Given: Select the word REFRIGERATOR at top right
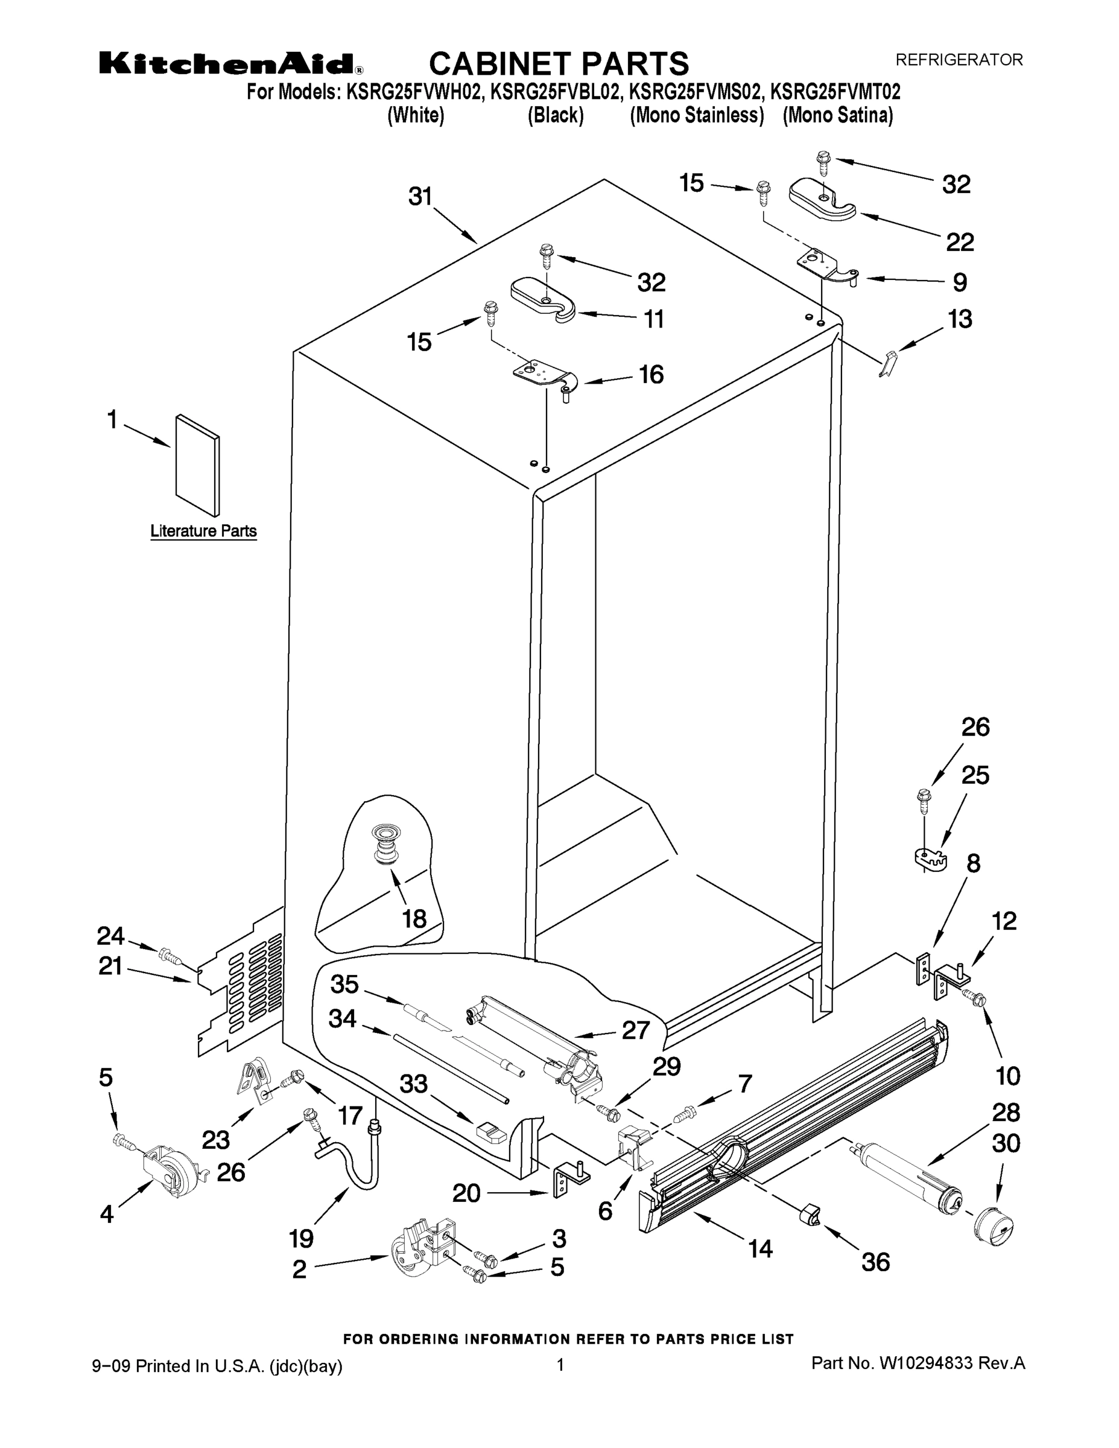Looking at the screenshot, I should pos(959,60).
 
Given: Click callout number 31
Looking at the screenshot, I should pos(420,197).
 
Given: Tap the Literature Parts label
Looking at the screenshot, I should pos(203,531).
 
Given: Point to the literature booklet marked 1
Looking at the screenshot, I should pos(197,465).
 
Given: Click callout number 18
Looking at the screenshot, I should pos(414,918).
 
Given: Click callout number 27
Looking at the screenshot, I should pos(635,1030).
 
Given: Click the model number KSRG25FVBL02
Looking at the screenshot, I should pos(555,91).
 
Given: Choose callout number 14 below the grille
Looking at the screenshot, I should pos(760,1248).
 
